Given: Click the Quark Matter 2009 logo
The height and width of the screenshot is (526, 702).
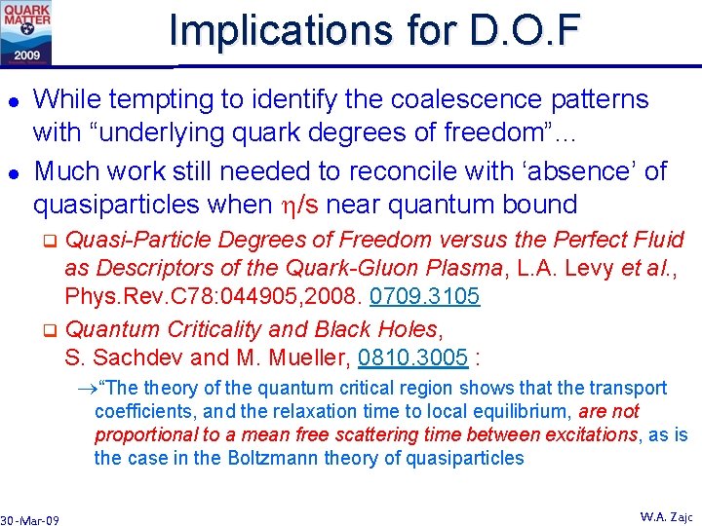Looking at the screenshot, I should pos(27,32).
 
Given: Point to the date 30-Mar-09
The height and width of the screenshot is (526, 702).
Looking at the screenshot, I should pos(30,520).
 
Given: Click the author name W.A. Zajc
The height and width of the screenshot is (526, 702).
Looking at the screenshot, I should pos(666,516).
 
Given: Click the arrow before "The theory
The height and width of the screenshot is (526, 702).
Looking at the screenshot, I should pos(86,389).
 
